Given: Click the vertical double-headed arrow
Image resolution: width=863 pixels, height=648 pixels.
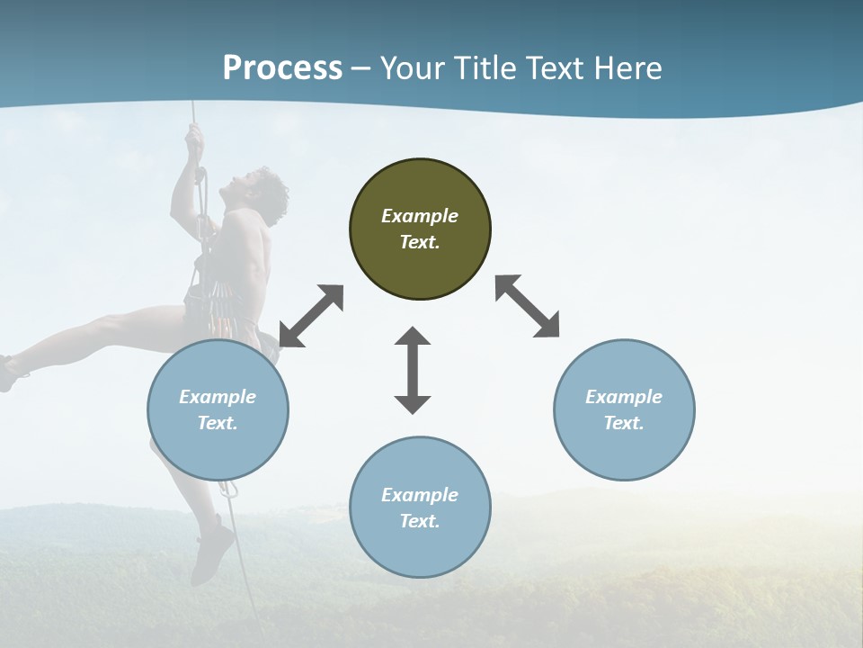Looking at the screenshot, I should (x=413, y=370).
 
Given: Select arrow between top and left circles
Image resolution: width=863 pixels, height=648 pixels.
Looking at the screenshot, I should (x=311, y=316).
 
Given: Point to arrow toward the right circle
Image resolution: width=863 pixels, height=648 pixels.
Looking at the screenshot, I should (x=527, y=306).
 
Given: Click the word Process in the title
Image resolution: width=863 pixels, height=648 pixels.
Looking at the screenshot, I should (x=282, y=67).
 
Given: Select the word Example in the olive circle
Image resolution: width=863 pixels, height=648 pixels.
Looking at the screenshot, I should (x=420, y=216).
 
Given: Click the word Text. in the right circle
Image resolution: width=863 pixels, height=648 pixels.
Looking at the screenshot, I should (x=623, y=423).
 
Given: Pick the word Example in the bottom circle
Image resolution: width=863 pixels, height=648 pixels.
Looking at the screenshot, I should (x=420, y=495).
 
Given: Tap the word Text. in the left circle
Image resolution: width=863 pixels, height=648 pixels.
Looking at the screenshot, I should (x=218, y=423).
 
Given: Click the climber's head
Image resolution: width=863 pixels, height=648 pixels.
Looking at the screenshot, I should (x=264, y=188).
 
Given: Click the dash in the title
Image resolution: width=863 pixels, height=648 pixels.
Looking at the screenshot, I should (x=361, y=68).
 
